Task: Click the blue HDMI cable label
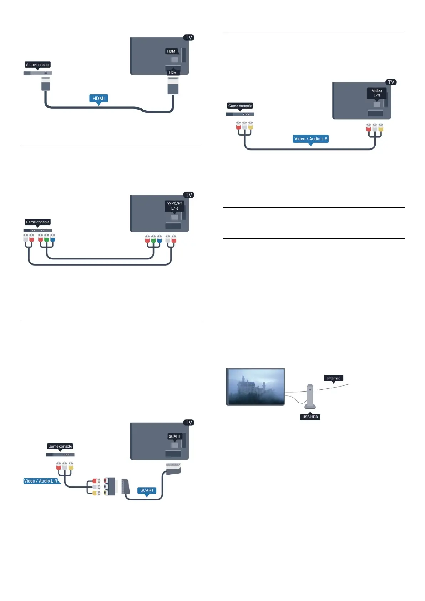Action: click(98, 98)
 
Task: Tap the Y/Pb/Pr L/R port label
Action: click(174, 206)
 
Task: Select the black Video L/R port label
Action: click(377, 93)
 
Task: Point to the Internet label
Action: click(333, 378)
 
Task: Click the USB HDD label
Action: click(310, 417)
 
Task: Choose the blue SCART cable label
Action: click(147, 490)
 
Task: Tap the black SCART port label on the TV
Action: click(174, 436)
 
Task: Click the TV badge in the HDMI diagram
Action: click(189, 37)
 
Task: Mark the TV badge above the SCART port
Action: click(189, 423)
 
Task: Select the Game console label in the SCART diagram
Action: click(60, 446)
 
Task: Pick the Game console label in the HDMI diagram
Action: click(37, 65)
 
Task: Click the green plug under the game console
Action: click(46, 238)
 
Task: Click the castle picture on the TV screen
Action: click(256, 387)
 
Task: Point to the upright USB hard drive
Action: click(310, 396)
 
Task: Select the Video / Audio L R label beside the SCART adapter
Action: click(41, 481)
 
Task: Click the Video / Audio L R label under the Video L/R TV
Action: click(310, 139)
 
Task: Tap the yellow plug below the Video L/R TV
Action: click(381, 127)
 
